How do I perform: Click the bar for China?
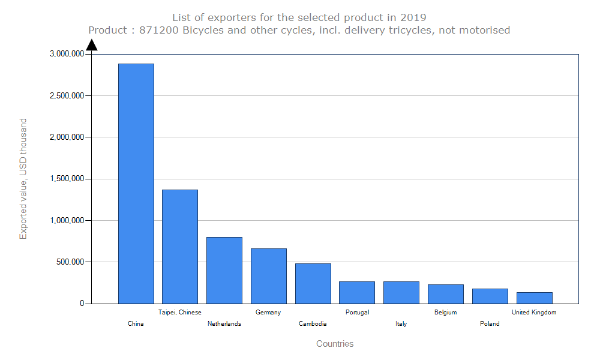tap(136, 184)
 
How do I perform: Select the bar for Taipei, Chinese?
tap(180, 247)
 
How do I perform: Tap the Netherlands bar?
tap(224, 270)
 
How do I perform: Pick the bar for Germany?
tap(268, 276)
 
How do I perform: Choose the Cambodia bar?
tap(313, 283)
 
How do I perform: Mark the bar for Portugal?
tap(357, 292)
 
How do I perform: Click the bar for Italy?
tap(401, 292)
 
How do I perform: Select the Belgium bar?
tap(445, 294)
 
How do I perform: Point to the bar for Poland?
tap(490, 296)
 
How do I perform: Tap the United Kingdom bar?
tap(534, 298)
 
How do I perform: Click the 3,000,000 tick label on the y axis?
tap(66, 54)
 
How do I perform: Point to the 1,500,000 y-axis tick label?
tap(66, 179)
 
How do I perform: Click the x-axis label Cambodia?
tap(313, 324)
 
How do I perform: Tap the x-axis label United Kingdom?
tap(534, 313)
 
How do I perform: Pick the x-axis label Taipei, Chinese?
tap(180, 313)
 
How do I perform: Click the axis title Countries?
tap(335, 344)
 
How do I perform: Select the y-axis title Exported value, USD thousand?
tap(23, 179)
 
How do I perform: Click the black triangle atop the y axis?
tap(91, 45)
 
